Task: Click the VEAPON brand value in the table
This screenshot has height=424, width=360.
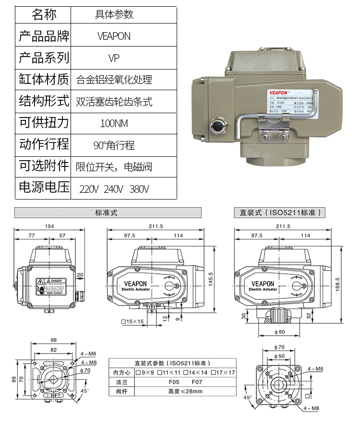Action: click(x=114, y=36)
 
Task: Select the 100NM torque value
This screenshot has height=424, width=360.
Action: click(x=114, y=123)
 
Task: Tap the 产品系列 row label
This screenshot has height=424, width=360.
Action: click(x=44, y=58)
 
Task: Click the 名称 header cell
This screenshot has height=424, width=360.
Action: click(x=44, y=14)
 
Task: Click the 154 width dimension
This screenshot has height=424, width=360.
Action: click(x=49, y=226)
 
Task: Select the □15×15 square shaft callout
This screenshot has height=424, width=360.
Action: click(x=132, y=321)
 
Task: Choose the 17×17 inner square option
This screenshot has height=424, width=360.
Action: click(x=225, y=373)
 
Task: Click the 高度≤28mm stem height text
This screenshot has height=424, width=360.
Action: click(x=185, y=391)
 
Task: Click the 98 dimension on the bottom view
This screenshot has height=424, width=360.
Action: click(x=53, y=340)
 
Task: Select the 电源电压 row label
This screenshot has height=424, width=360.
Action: click(x=44, y=187)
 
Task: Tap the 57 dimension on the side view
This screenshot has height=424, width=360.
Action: click(x=62, y=236)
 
